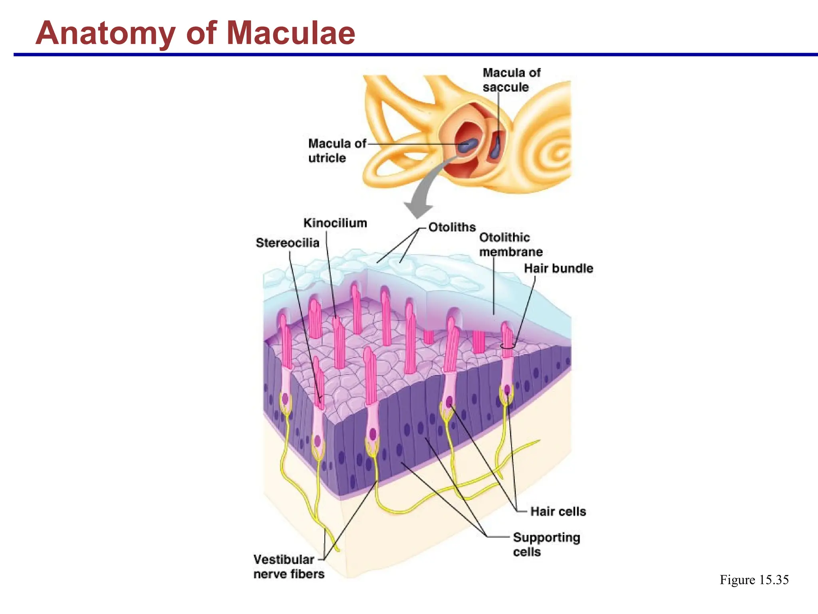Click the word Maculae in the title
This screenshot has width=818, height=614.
coord(291,33)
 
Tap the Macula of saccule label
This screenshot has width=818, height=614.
coord(511,80)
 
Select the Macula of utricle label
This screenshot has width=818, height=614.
coord(336,150)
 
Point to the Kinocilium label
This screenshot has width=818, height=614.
coord(335,223)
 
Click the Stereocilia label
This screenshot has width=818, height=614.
coord(287,243)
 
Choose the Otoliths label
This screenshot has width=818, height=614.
coord(452,227)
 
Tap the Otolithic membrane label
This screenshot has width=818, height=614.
coord(510,244)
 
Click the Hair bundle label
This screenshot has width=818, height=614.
coord(558,268)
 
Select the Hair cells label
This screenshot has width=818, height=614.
coord(558,511)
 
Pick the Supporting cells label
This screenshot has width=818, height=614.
coord(546,544)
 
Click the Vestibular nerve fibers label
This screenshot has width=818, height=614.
coord(288,566)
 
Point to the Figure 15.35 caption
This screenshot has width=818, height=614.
coord(754,580)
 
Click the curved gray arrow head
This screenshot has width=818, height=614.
coord(418,210)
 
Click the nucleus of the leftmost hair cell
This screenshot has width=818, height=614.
coord(285,398)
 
